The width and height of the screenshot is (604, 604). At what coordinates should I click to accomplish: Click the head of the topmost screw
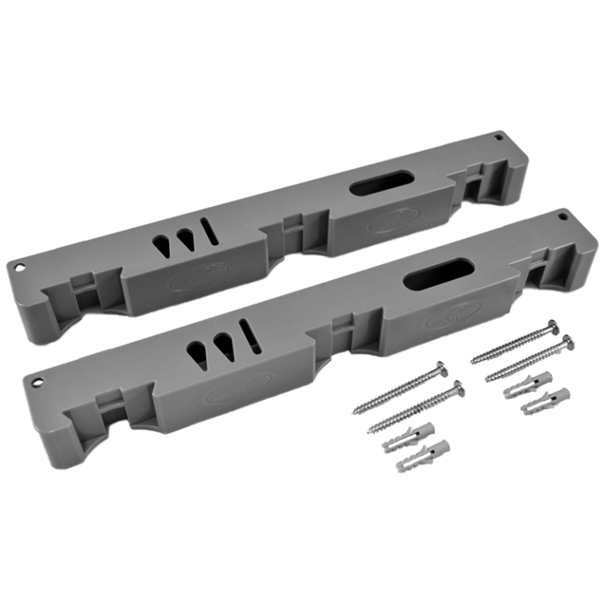552,326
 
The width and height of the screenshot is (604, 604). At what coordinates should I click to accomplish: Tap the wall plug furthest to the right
547,400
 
